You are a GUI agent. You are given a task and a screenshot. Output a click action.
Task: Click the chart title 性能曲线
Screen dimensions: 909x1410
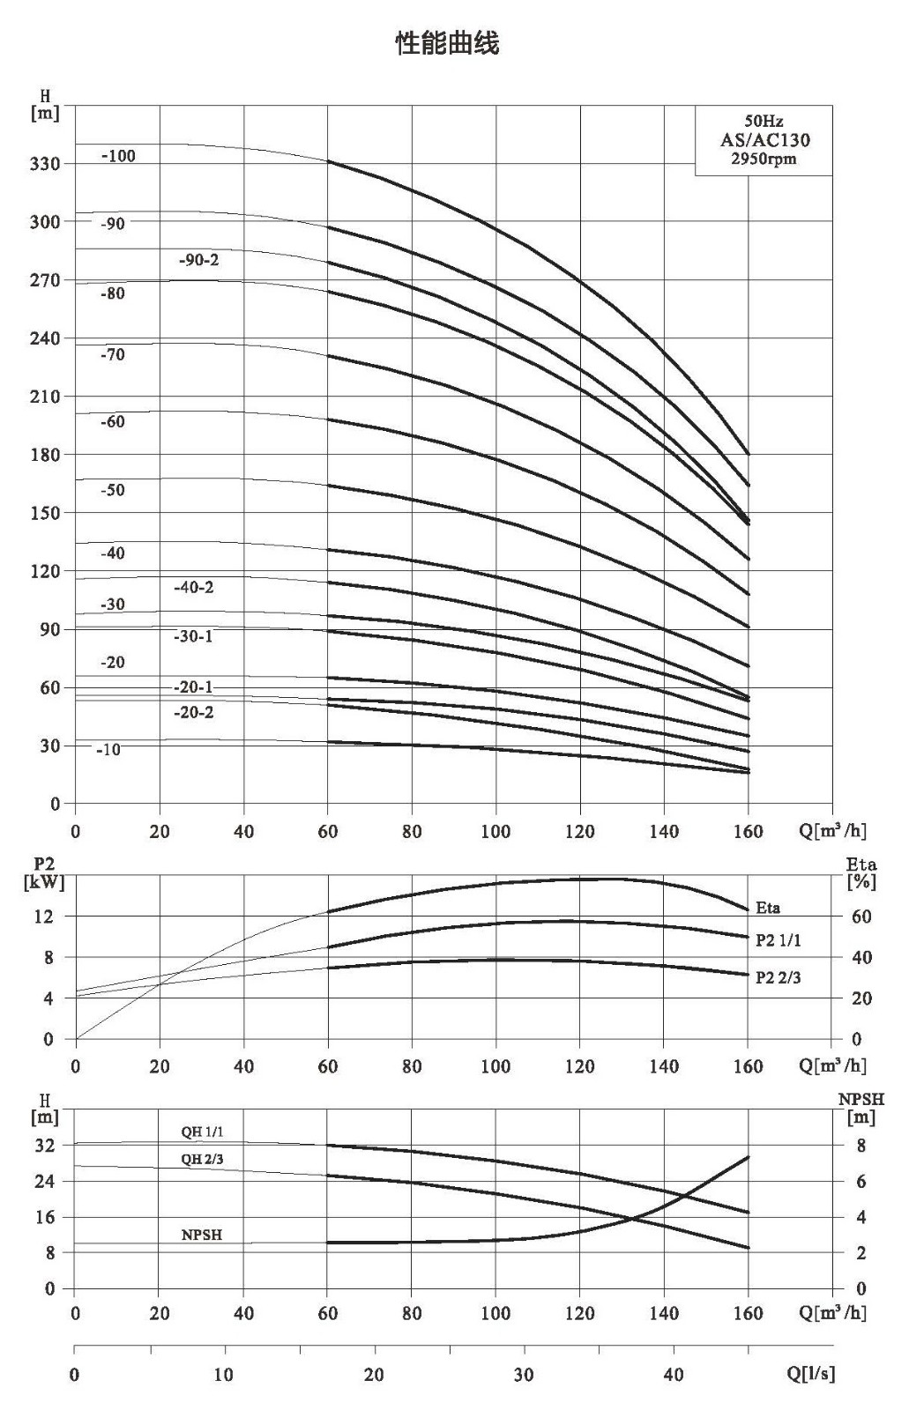point(447,44)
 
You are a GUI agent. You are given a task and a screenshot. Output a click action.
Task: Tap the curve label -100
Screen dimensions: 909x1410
point(118,156)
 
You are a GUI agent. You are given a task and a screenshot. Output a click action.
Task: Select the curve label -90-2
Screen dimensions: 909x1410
point(198,260)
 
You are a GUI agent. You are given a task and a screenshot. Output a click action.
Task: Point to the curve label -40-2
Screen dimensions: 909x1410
point(193,587)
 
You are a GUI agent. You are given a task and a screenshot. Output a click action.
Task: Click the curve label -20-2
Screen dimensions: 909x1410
point(193,712)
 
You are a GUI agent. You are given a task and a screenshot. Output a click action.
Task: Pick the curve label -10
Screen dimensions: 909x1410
point(108,750)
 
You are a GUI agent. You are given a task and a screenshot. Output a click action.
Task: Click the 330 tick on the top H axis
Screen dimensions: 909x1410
point(45,164)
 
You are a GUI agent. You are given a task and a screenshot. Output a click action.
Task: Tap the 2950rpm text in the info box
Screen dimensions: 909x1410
point(764,159)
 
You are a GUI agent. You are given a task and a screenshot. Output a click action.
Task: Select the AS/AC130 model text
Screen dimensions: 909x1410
point(764,140)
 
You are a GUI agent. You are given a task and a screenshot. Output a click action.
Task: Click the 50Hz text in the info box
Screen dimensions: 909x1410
point(764,121)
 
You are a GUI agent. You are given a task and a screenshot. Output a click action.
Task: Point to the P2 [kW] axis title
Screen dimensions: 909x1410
point(44,873)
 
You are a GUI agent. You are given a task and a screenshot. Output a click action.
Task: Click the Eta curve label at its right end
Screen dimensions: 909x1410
point(768,908)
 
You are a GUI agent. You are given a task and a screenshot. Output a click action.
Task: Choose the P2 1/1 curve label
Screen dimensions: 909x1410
point(779,940)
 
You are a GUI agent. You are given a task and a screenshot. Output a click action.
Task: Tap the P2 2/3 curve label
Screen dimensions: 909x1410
point(779,977)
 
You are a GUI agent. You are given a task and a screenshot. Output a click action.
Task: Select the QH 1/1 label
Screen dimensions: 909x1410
point(202,1132)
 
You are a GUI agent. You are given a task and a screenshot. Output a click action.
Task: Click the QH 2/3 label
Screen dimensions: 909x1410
point(202,1159)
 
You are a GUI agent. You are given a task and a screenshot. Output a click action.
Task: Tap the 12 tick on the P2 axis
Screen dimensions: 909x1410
point(44,916)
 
